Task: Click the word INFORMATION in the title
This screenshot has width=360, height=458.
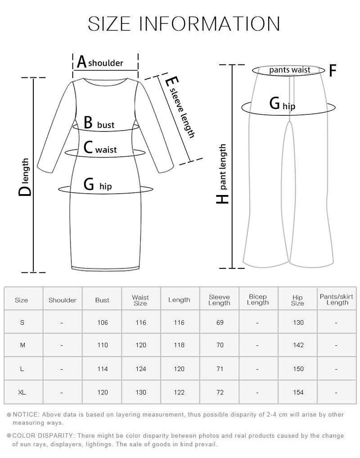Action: point(209,24)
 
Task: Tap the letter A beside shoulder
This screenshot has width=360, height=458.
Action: point(82,62)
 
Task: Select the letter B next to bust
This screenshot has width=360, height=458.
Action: point(88,122)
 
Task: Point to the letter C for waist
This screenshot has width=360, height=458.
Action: point(88,147)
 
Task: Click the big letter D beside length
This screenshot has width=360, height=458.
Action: point(25,191)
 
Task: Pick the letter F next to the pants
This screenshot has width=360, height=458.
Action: point(333,70)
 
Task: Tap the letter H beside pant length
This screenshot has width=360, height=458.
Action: point(222,199)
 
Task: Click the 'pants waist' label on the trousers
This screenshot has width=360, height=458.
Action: point(290,70)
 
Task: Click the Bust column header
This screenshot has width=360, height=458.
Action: point(102,300)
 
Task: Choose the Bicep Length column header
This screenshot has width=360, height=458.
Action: point(258,299)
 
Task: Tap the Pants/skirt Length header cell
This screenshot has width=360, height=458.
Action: point(337,299)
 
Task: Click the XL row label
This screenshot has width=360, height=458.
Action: point(22,392)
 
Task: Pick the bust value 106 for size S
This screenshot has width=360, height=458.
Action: point(103,322)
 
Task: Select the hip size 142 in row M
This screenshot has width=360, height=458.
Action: point(298,345)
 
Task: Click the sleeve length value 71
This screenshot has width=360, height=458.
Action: point(220,369)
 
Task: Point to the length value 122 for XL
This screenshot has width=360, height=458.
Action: point(179,392)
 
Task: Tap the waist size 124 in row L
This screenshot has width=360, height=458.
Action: point(141,369)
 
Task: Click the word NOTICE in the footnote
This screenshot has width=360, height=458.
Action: point(25,414)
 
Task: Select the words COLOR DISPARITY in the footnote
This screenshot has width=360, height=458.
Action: point(43,436)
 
